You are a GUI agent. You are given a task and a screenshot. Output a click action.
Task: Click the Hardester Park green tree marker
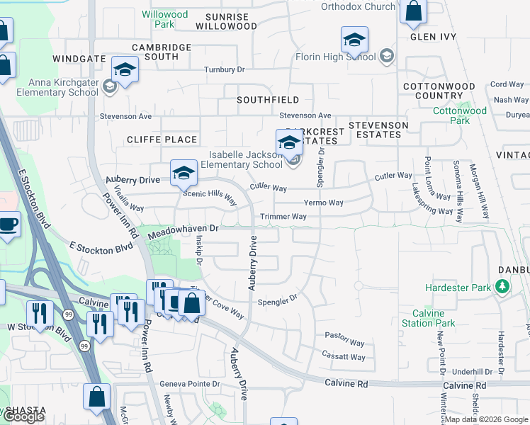[x=503, y=286]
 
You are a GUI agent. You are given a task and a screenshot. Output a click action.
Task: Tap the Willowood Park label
[x=165, y=19]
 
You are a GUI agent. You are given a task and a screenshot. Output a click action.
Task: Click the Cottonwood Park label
[x=460, y=115]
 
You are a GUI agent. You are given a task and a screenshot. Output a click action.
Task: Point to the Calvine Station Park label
[x=429, y=318]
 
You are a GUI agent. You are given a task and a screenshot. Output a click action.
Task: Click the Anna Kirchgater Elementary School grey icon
[x=109, y=87]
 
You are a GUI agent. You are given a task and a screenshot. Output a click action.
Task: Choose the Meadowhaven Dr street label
[x=183, y=229]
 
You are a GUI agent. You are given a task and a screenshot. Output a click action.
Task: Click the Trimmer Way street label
[x=283, y=217]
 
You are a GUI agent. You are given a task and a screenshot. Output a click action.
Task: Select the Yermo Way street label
[x=323, y=203]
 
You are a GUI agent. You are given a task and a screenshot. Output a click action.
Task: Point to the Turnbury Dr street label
[x=224, y=69]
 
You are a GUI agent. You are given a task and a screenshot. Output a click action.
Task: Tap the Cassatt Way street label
[x=344, y=357]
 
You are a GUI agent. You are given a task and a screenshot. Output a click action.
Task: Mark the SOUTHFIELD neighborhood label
[x=268, y=100]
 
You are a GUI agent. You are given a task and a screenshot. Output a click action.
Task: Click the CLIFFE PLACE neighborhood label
[x=162, y=140]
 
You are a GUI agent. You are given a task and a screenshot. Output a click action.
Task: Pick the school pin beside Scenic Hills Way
[x=183, y=172]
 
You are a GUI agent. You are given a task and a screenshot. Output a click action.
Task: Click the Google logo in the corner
[x=23, y=417]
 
